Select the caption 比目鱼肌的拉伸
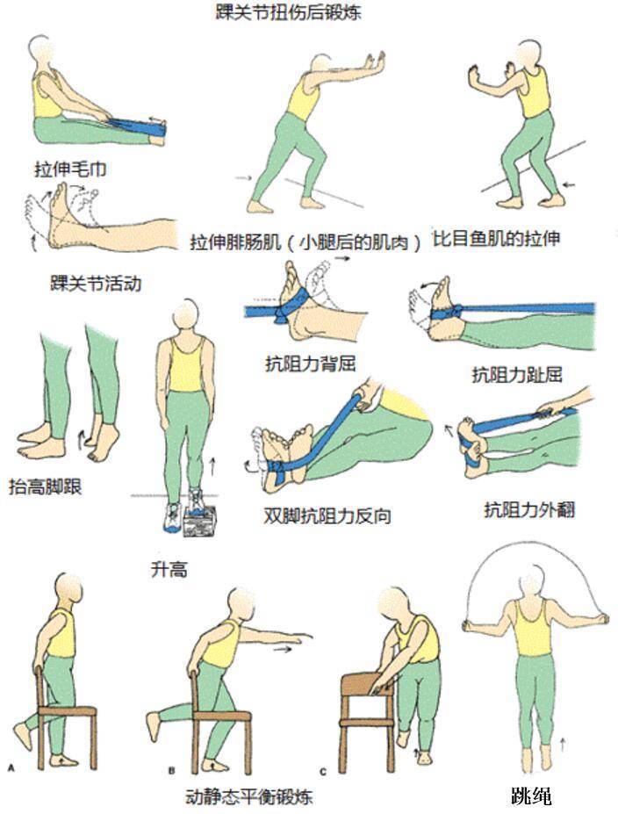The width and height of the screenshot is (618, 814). tap(496, 238)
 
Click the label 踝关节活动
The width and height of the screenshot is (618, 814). tap(96, 284)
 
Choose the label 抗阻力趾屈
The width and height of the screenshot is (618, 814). tap(516, 376)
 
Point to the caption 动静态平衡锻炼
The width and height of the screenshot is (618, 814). tap(249, 796)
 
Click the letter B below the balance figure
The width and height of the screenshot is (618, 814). tap(171, 769)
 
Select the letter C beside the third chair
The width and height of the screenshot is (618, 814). tap(323, 770)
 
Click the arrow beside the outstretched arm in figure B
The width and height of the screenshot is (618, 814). tap(283, 651)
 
